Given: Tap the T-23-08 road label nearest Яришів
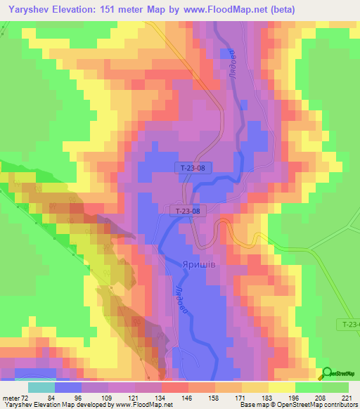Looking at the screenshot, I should pyautogui.click(x=188, y=210).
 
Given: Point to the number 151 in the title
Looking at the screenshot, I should pyautogui.click(x=108, y=8).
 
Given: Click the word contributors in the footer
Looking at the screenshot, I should pyautogui.click(x=338, y=405).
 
